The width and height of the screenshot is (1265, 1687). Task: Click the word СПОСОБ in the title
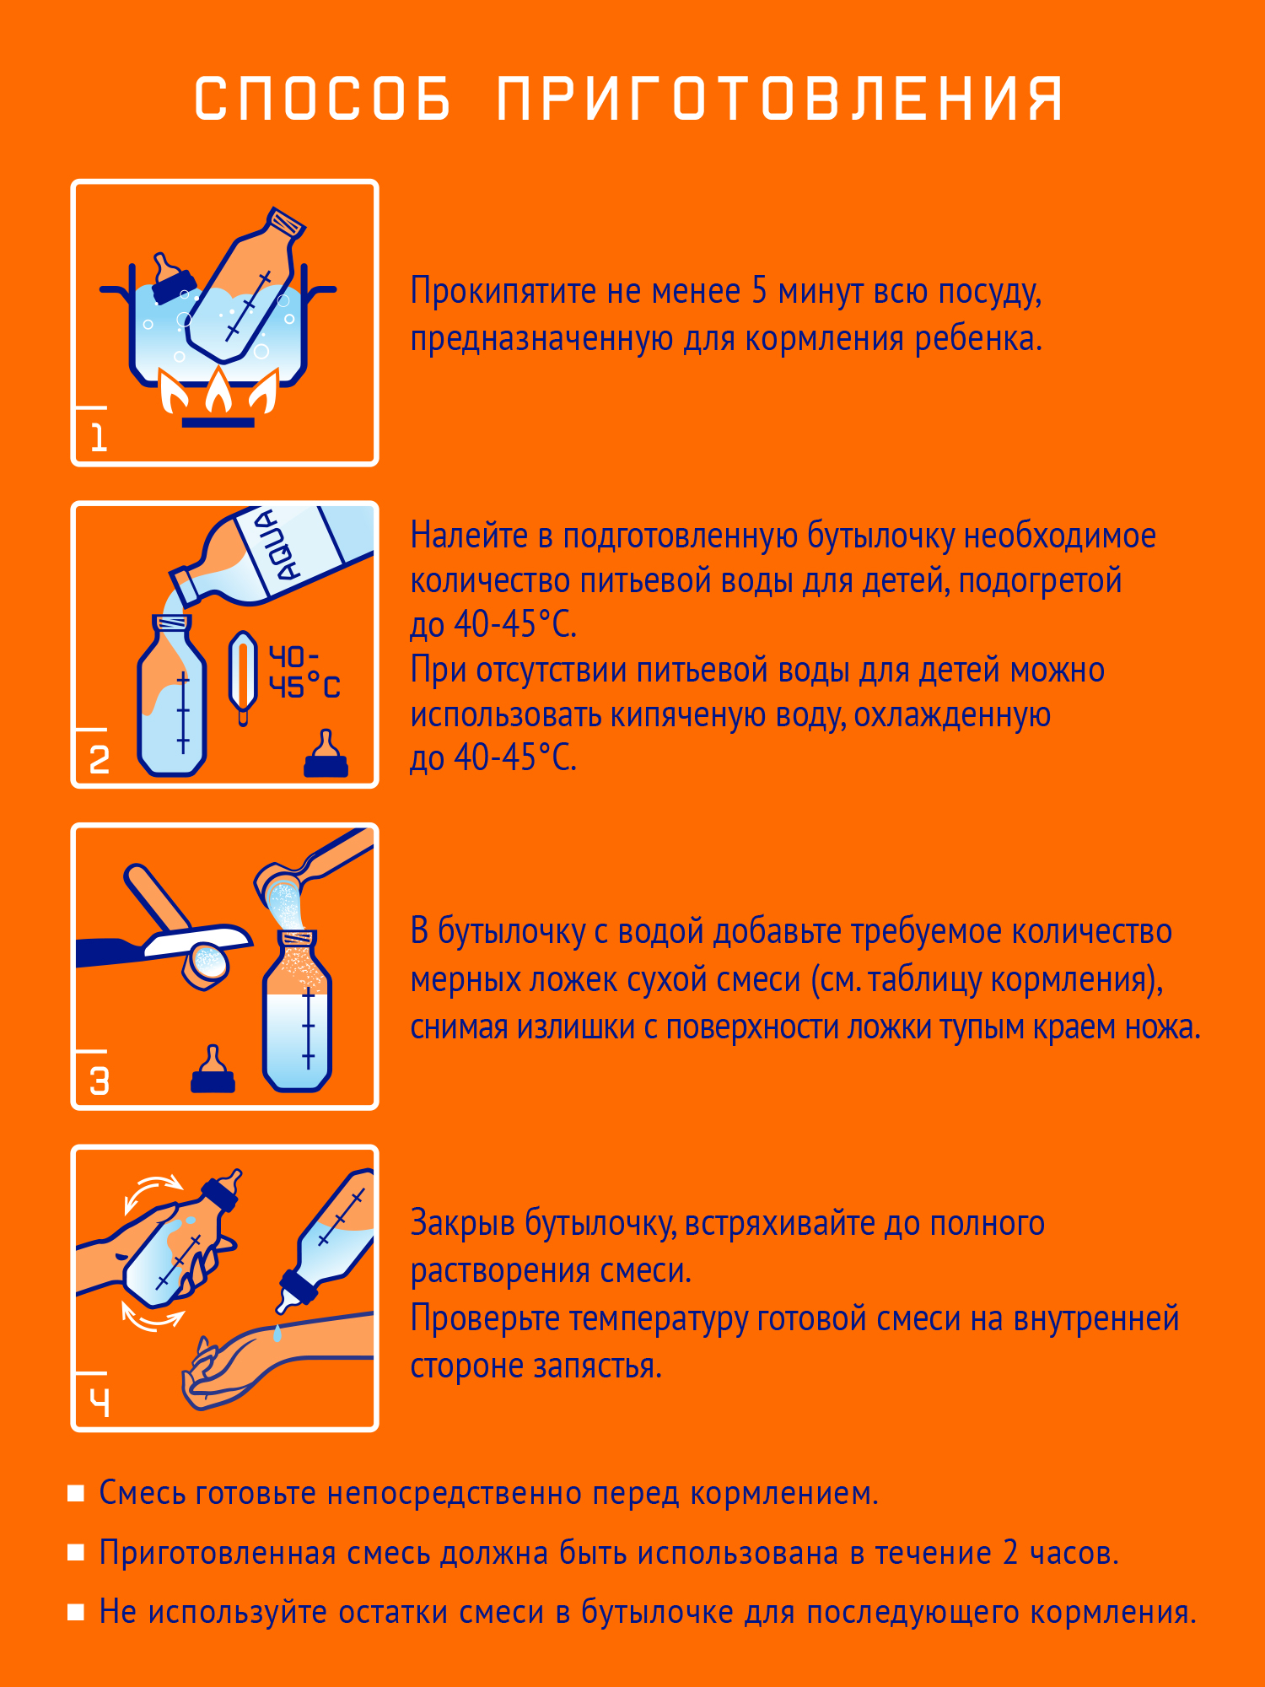point(323,99)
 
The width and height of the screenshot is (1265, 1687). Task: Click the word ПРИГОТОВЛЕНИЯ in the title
point(779,99)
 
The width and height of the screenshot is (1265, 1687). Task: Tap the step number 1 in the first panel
point(99,438)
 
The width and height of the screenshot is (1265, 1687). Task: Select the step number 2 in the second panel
point(99,760)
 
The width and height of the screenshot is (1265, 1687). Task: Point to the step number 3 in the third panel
point(99,1081)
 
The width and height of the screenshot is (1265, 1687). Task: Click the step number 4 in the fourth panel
point(100,1403)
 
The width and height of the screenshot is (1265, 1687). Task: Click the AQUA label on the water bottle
point(279,545)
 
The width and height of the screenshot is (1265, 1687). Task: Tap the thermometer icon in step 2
point(243,675)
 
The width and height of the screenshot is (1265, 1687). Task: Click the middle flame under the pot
point(219,391)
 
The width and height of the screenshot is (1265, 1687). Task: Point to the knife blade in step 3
point(198,940)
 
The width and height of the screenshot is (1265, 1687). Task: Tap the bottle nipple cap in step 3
point(213,1071)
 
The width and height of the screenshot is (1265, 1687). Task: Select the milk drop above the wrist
point(277,1334)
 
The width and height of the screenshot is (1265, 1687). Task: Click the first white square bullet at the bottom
point(76,1494)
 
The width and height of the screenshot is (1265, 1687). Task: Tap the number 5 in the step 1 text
point(759,291)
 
